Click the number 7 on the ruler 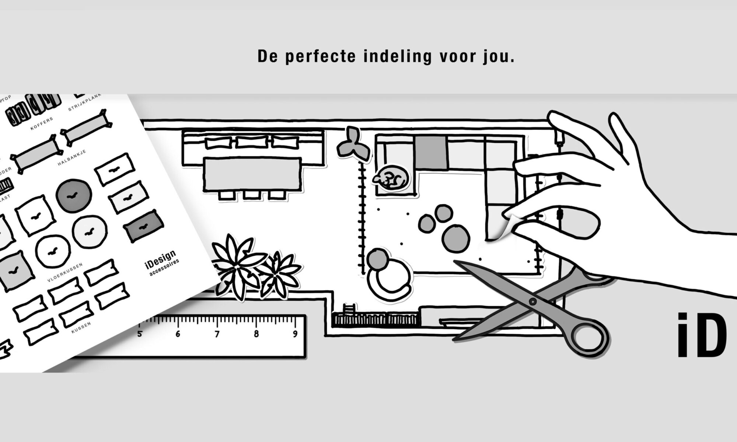click(x=217, y=334)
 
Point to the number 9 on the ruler click(x=295, y=334)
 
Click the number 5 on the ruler click(x=140, y=334)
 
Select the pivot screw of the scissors click(x=533, y=302)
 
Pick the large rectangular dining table click(x=252, y=174)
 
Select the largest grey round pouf click(x=456, y=237)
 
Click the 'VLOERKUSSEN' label click(x=65, y=273)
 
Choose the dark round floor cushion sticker click(x=74, y=196)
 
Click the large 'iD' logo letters click(x=702, y=335)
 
